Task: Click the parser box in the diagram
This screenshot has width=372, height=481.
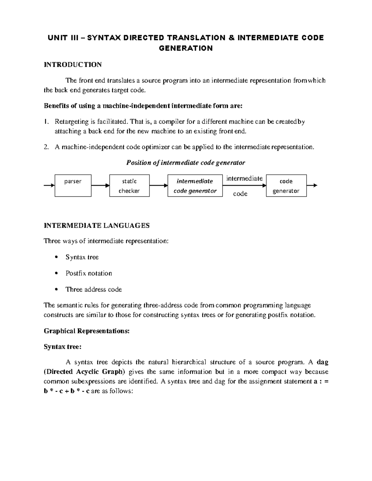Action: pyautogui.click(x=73, y=186)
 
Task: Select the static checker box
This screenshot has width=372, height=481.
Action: pyautogui.click(x=129, y=186)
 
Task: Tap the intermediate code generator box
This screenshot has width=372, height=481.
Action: pyautogui.click(x=195, y=186)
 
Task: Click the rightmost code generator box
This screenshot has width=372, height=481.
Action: pyautogui.click(x=286, y=186)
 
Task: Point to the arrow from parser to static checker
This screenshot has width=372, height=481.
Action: pyautogui.click(x=100, y=186)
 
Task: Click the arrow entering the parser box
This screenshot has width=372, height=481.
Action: pyautogui.click(x=49, y=186)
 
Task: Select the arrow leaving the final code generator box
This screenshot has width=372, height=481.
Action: pyautogui.click(x=312, y=186)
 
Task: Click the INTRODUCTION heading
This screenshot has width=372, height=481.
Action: pyautogui.click(x=73, y=64)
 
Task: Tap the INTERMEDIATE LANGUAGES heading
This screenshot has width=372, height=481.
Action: pyautogui.click(x=97, y=225)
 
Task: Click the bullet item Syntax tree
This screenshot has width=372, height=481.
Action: pyautogui.click(x=82, y=257)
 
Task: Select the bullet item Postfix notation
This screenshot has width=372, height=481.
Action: pyautogui.click(x=89, y=273)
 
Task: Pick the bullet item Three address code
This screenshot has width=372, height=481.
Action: pyautogui.click(x=94, y=289)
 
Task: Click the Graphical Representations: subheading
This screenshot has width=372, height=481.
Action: pyautogui.click(x=86, y=331)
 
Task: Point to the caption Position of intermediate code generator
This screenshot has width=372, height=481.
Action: pyautogui.click(x=186, y=163)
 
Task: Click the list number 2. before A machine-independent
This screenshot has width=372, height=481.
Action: pyautogui.click(x=46, y=147)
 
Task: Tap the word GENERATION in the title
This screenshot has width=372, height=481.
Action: pyautogui.click(x=186, y=48)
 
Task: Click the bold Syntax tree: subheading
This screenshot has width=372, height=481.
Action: pyautogui.click(x=63, y=347)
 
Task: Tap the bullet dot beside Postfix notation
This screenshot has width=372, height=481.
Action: pyautogui.click(x=56, y=273)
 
